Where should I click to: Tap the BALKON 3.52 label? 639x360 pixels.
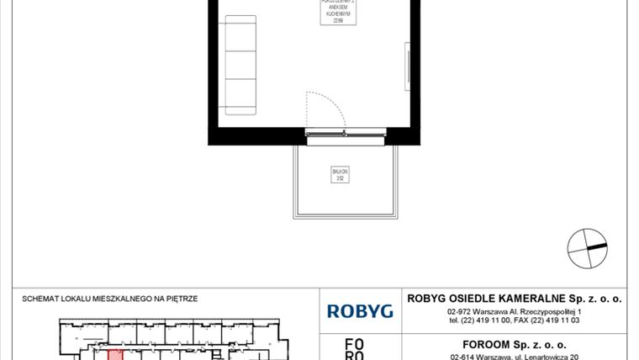(340, 174)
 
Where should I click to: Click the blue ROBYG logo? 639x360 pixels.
(360, 311)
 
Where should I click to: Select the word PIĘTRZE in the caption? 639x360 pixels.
(182, 299)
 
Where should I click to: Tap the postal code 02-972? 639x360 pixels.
(464, 312)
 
